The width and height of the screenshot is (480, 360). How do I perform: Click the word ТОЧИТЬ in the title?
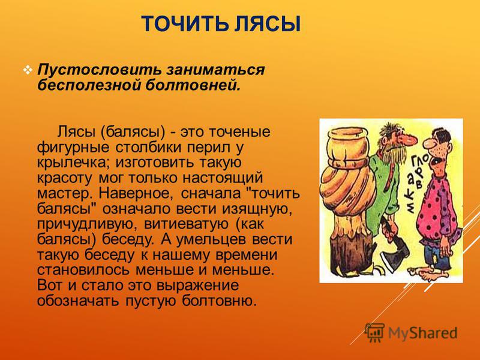pos(185,24)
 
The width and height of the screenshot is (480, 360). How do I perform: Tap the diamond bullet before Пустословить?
pos(28,71)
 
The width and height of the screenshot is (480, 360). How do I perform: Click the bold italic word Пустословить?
pos(99,70)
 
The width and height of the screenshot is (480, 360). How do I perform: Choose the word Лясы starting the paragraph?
pos(77,132)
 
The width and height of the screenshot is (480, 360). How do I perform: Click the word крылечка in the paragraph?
pos(73,163)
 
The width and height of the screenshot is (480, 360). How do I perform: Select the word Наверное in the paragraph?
pos(134,193)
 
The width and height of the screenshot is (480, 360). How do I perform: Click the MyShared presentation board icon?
pos(374,332)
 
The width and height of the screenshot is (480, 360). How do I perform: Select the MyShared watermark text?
pos(422,333)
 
